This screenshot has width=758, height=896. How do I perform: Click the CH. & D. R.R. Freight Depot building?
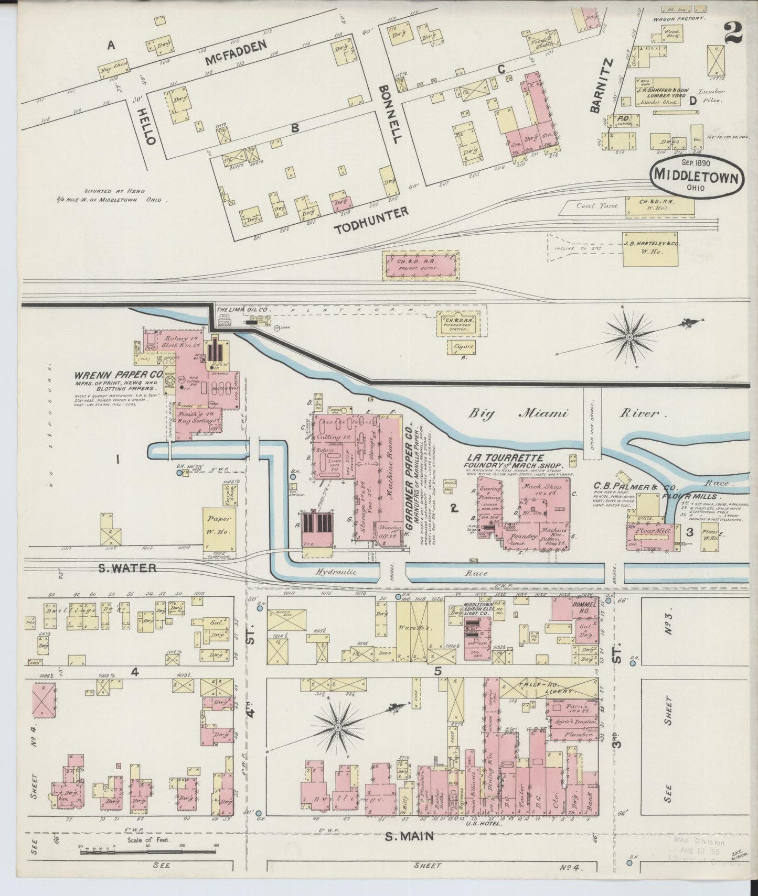pos(421,265)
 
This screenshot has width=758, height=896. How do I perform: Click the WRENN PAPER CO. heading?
pos(118,375)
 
